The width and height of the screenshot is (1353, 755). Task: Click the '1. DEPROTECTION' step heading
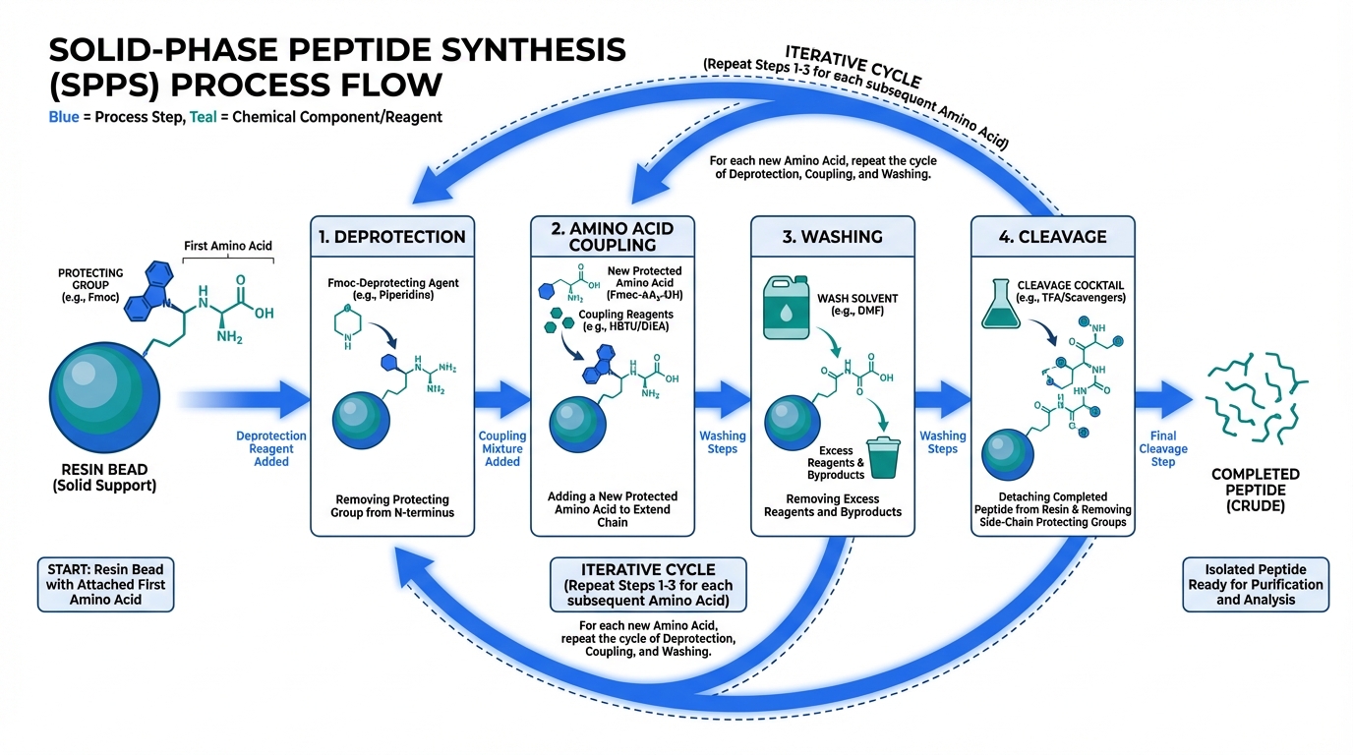pyautogui.click(x=392, y=237)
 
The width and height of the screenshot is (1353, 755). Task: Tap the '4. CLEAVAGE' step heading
pyautogui.click(x=1052, y=237)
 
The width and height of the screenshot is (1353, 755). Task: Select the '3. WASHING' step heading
pyautogui.click(x=833, y=237)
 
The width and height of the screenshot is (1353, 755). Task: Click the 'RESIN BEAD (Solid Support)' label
pyautogui.click(x=104, y=479)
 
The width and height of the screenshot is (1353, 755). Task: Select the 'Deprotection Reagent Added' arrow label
pyautogui.click(x=271, y=448)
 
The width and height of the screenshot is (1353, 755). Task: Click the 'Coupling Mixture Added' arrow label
pyautogui.click(x=502, y=448)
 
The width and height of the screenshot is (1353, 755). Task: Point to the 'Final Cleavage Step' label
pyautogui.click(x=1163, y=448)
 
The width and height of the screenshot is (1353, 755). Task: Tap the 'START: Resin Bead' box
pyautogui.click(x=104, y=584)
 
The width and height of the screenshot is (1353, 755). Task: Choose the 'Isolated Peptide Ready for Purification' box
pyautogui.click(x=1256, y=584)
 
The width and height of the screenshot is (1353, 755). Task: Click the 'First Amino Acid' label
pyautogui.click(x=228, y=246)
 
